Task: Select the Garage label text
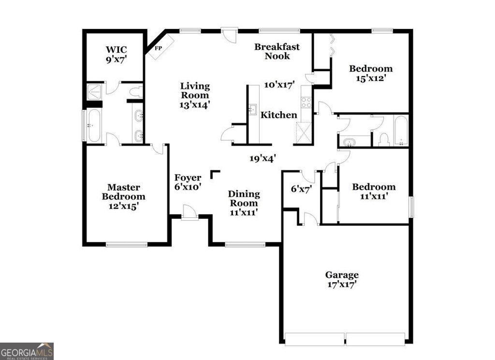pos(342,275)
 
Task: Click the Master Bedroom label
pos(123,192)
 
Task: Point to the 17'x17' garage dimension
pos(342,285)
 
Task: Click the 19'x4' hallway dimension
pos(262,158)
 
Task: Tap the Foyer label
pos(188,178)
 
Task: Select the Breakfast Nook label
pos(277,51)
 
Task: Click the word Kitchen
pos(279,115)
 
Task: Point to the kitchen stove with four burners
pos(306,102)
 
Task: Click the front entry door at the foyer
pos(189,213)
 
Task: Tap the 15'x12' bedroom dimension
pos(371,78)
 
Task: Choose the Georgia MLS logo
pos(27,351)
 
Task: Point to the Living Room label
pos(195,90)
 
